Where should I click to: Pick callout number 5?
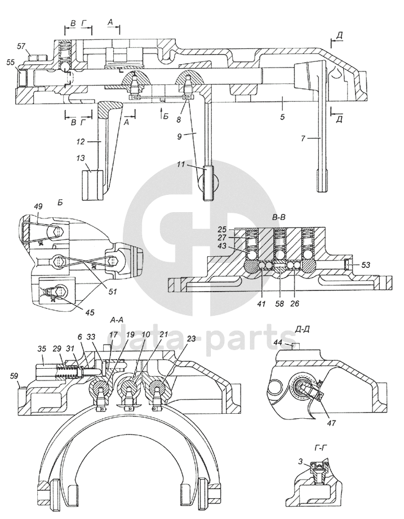[282, 117]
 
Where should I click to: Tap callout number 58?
[280, 303]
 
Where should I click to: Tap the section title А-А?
[117, 320]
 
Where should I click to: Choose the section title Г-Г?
[322, 448]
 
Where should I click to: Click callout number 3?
[300, 462]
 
